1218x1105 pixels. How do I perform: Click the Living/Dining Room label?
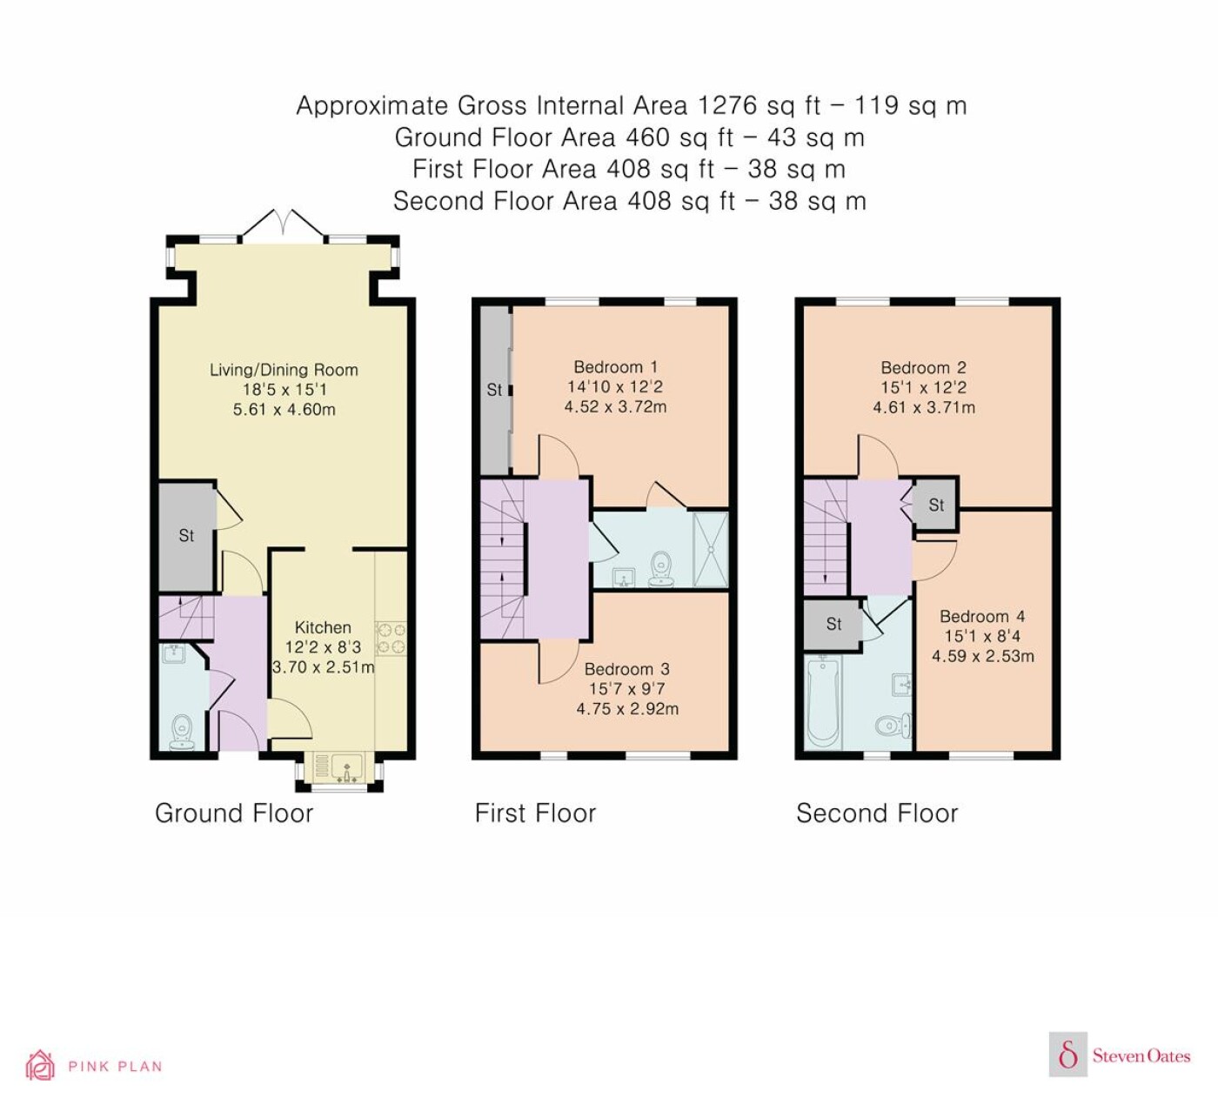(284, 370)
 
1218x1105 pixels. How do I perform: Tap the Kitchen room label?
(323, 627)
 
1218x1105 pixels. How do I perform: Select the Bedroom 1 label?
(616, 367)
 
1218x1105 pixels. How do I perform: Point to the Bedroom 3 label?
(627, 669)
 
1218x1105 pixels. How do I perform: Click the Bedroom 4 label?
(982, 616)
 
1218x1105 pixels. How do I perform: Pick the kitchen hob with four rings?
(391, 638)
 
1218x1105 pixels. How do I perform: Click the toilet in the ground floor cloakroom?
(182, 732)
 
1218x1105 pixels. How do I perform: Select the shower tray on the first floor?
(711, 550)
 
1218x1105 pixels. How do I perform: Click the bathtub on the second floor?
(823, 703)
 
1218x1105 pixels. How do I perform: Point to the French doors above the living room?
(283, 226)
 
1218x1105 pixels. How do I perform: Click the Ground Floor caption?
(234, 814)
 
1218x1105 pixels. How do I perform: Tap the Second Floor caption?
(877, 814)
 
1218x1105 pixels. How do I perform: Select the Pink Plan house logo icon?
(40, 1066)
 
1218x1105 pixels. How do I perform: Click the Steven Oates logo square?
(1068, 1054)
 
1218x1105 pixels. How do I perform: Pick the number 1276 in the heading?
(727, 105)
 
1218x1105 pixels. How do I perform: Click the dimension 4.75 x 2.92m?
(627, 709)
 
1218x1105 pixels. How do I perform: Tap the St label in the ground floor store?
(186, 535)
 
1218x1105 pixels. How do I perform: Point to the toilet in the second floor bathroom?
(893, 725)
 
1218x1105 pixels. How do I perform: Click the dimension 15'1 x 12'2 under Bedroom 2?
(924, 387)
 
